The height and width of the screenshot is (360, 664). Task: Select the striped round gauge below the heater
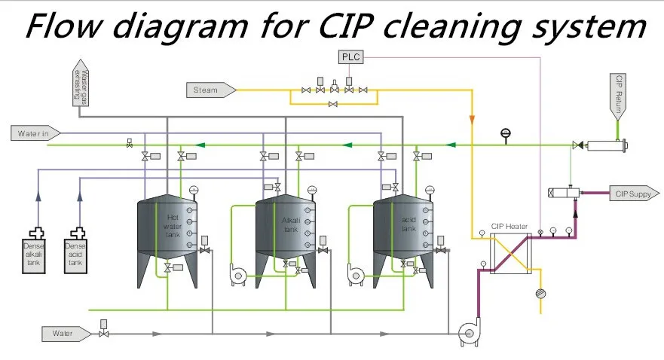coord(539,292)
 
